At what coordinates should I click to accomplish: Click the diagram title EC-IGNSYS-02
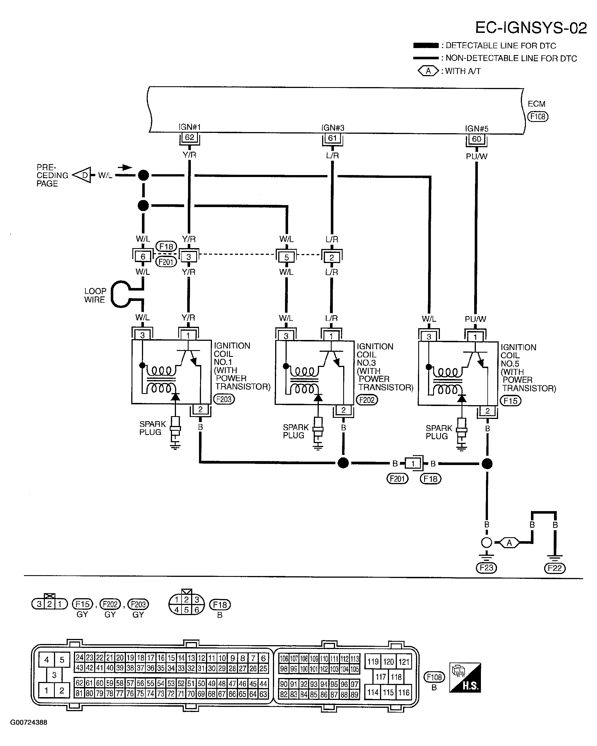coord(531,28)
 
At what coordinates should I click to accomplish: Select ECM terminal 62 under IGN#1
coord(189,137)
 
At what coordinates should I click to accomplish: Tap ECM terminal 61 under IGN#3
coord(332,138)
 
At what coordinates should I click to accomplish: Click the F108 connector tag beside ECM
coord(538,117)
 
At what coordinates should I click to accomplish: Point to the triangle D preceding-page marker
coord(82,175)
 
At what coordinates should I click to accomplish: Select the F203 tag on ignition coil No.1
coord(224,399)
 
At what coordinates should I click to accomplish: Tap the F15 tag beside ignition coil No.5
coord(510,401)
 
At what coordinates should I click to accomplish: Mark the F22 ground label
coord(555,568)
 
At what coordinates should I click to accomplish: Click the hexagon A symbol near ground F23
coord(509,543)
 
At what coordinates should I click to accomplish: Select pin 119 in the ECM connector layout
coord(373,662)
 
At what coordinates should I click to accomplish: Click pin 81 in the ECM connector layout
coord(79,693)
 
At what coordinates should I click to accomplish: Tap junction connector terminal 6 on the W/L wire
coord(143,257)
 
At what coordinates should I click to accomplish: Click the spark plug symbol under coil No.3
coord(318,432)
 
